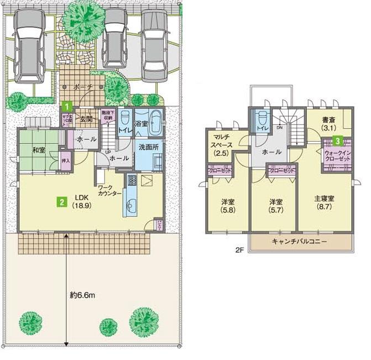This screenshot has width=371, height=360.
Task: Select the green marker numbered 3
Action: (x=336, y=140)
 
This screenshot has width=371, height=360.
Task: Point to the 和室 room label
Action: (x=38, y=150)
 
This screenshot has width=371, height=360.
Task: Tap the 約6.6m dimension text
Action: (x=83, y=295)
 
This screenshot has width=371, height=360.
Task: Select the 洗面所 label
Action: (x=149, y=148)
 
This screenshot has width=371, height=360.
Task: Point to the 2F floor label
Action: (x=239, y=250)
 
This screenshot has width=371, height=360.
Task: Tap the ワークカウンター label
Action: (x=109, y=191)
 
